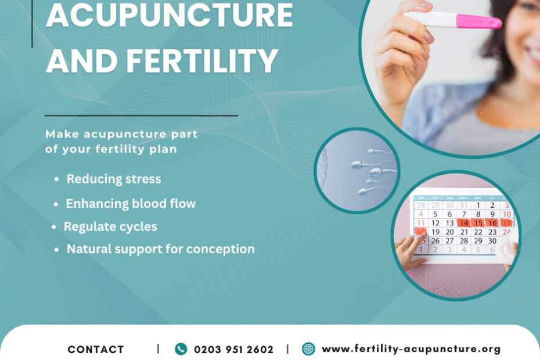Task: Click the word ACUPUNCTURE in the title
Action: (x=169, y=15)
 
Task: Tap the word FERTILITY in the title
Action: (x=202, y=60)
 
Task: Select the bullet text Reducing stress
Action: (x=114, y=179)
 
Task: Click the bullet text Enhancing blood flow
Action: (x=131, y=204)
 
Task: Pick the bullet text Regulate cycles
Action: (x=110, y=226)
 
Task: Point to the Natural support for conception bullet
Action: (x=160, y=249)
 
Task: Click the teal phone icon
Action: (x=181, y=349)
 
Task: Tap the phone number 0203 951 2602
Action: (x=234, y=350)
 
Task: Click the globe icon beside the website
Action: (x=308, y=348)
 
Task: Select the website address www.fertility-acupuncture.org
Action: (x=411, y=349)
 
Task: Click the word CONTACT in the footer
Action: (x=96, y=350)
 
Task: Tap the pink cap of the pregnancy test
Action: (x=478, y=21)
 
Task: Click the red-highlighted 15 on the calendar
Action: (x=478, y=223)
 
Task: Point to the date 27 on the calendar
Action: (x=449, y=241)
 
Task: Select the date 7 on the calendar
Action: (x=464, y=214)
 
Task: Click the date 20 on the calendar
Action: (x=449, y=232)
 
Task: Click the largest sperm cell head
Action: (x=376, y=172)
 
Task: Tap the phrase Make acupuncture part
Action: (x=121, y=134)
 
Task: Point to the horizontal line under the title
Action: (x=142, y=116)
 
